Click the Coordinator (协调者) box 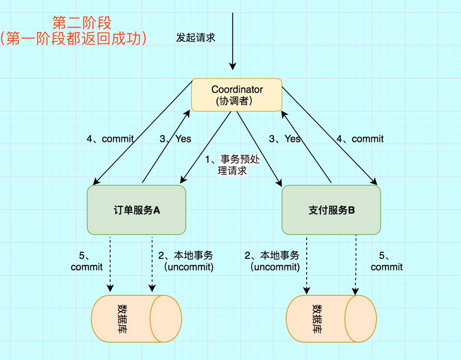point(236,94)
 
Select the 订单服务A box point(136,210)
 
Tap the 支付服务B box point(331,210)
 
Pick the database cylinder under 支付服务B point(331,318)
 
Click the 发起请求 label point(195,37)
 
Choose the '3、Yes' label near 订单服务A point(175,139)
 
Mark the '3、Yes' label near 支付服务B point(285,139)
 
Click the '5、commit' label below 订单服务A point(87,261)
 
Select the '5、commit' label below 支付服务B point(386,261)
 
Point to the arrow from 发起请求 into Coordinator point(233,60)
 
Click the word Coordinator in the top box point(237,89)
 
